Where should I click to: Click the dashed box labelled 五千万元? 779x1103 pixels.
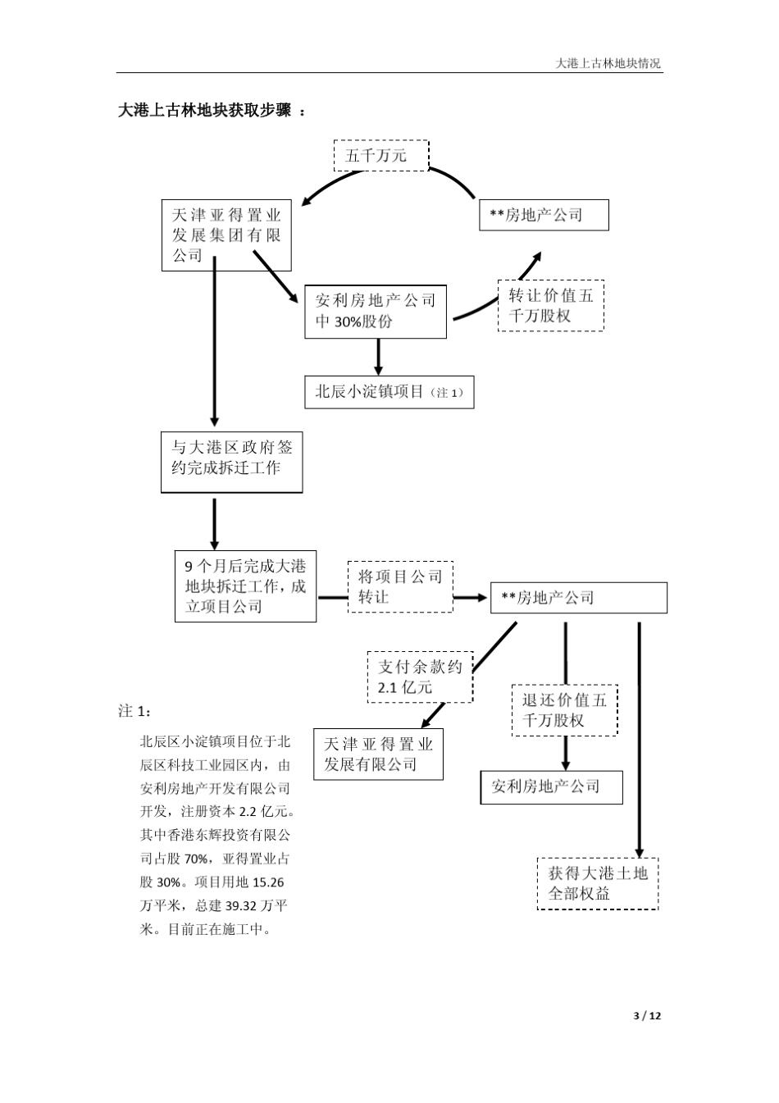[380, 155]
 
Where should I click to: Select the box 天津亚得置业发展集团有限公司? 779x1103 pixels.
[226, 235]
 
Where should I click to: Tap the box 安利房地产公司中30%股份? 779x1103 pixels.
[376, 312]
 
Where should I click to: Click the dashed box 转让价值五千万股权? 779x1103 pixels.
[550, 305]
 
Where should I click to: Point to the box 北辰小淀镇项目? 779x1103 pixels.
[389, 392]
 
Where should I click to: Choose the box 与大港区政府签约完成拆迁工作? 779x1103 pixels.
[231, 463]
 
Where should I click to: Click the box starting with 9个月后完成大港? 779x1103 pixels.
[245, 586]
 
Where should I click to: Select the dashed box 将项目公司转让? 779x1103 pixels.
[400, 587]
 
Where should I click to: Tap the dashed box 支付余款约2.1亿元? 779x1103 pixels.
[420, 677]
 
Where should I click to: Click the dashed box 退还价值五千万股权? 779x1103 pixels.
[564, 710]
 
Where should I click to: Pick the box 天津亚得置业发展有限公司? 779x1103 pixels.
[378, 754]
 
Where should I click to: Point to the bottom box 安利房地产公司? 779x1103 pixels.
[551, 787]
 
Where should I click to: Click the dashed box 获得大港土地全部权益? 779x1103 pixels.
[597, 883]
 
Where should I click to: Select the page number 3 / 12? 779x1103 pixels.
[648, 1015]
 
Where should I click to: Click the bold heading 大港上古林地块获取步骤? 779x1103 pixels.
[205, 111]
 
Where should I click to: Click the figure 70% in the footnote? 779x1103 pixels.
[195, 859]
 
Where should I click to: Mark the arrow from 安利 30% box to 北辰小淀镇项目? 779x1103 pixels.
[378, 357]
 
